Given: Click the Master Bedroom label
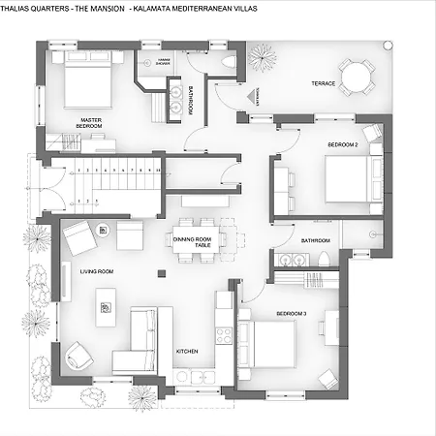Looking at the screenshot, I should coord(90,124).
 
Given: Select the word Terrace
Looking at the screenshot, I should coord(323,84).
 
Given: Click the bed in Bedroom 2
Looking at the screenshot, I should coord(347,178).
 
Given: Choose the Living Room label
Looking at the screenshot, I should coord(97,272).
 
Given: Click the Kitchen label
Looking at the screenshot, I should coord(187,352).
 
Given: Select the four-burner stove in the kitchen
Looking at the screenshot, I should coord(223,335).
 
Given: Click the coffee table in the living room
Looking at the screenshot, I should coord(105,308).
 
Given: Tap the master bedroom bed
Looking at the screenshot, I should coord(89,84).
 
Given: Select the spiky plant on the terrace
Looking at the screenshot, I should coord(262,58).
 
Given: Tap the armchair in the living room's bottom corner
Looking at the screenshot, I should coord(78,358).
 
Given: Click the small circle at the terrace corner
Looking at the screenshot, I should coord(388,44).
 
